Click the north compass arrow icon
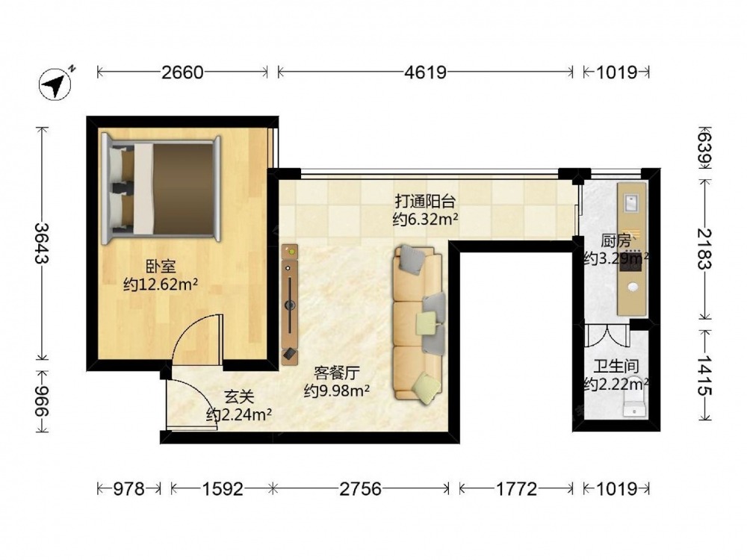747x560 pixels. coord(55,84)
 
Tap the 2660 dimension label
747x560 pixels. coord(182,72)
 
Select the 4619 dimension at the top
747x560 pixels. coord(426,72)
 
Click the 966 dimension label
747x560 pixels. coord(42,401)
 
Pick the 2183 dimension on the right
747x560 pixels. coord(704,249)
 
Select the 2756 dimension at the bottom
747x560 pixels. coord(361,488)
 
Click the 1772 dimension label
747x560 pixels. coord(517,488)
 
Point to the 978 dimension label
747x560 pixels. coord(128,488)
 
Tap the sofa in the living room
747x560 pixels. coord(419,323)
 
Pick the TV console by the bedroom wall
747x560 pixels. coord(290,305)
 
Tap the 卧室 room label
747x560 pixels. coord(161,267)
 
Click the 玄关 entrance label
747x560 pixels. coord(239,397)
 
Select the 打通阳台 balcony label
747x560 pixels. coord(426,202)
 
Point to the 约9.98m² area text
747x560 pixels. coord(337,391)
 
